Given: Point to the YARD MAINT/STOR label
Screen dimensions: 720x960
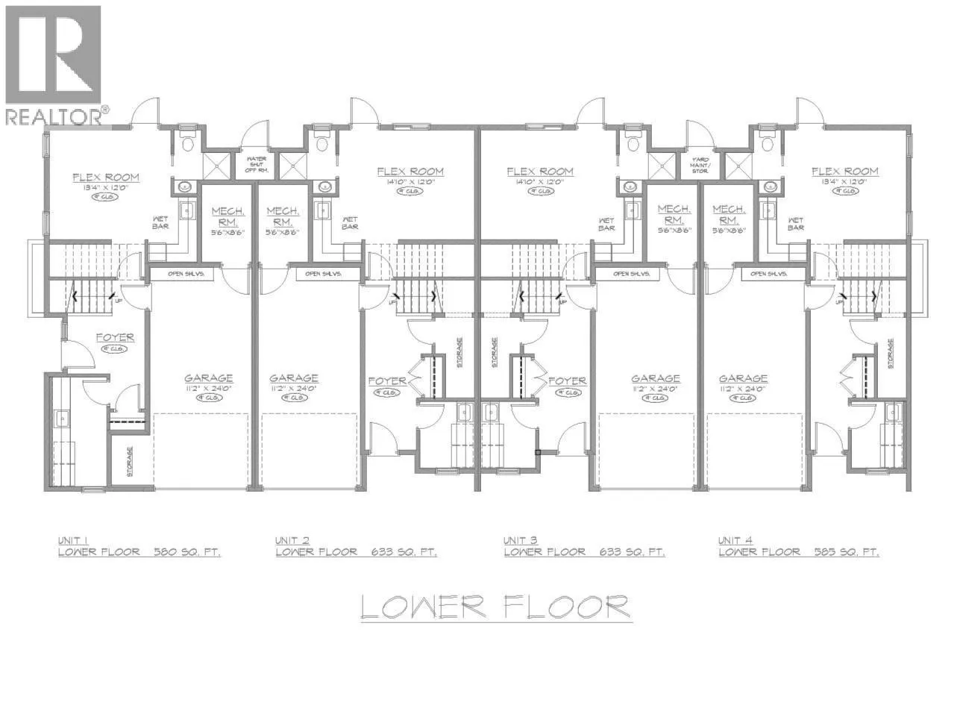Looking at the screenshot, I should tap(700, 164).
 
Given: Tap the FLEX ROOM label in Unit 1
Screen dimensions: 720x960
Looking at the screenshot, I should tap(105, 178).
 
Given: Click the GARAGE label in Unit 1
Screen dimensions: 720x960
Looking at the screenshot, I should tap(209, 378).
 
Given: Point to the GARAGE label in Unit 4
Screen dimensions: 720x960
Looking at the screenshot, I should tap(743, 378).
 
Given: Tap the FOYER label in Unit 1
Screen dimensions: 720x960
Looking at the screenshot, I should tap(115, 337).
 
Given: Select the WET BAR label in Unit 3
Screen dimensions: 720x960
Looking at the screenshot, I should tap(606, 224).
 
